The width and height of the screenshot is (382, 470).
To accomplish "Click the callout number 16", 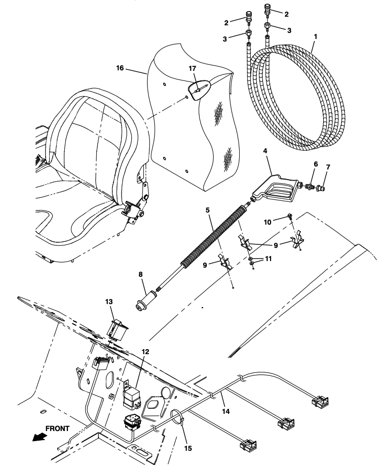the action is click(120, 68).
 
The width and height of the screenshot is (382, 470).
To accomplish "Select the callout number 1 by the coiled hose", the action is click(316, 36).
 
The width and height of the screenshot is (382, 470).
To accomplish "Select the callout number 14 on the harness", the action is click(225, 411).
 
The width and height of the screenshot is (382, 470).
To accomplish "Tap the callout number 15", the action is click(188, 448).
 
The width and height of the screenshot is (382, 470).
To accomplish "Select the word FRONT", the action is click(57, 429).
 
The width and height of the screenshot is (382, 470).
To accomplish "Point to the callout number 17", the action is click(193, 69).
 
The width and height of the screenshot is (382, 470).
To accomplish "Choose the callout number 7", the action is click(328, 167).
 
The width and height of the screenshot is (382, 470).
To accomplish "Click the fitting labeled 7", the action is click(320, 189).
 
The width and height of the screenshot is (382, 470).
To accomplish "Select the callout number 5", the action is click(208, 210).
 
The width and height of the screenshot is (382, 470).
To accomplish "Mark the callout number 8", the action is click(140, 274).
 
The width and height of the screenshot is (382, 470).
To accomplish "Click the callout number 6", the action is click(316, 164).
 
